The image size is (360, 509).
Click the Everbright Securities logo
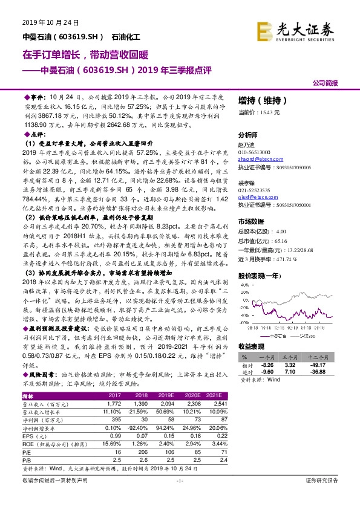pyautogui.click(x=295, y=30)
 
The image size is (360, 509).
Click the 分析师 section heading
pyautogui.click(x=248, y=135)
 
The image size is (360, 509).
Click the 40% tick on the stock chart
pyautogui.click(x=245, y=285)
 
